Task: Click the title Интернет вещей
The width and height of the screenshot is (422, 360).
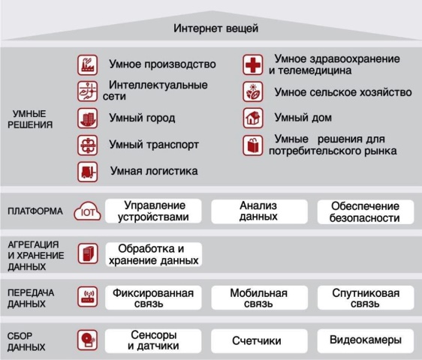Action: pos(216,28)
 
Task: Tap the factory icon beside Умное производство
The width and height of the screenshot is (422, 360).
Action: pos(87,65)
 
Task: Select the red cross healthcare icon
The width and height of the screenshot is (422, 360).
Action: pos(253,64)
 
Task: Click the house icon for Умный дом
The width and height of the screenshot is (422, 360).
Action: pos(253,118)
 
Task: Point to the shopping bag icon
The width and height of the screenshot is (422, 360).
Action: pos(253,145)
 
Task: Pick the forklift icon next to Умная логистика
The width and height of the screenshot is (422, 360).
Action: pos(87,172)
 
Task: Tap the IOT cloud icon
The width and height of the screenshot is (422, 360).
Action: pos(87,211)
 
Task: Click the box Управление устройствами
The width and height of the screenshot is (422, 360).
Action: pos(153,211)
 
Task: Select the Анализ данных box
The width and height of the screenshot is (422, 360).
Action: pos(259,211)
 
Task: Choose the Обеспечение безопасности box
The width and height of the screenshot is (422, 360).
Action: pos(366,211)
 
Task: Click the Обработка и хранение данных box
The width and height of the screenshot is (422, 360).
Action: pos(154,254)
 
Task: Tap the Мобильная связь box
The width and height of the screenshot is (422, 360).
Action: pos(259,298)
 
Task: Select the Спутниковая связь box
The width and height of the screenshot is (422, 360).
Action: pos(366,298)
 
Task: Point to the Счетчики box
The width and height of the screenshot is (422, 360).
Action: pos(259,341)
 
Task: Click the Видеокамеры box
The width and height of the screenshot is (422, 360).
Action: pos(366,340)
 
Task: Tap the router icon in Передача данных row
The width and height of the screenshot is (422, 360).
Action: pos(87,297)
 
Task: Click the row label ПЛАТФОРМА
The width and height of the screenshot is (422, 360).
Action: pos(35,211)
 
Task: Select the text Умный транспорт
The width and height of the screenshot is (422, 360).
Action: pos(154,145)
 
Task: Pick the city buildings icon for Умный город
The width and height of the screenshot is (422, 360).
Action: pos(87,118)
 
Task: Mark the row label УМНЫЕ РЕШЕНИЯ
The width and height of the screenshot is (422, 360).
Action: pos(30,119)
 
